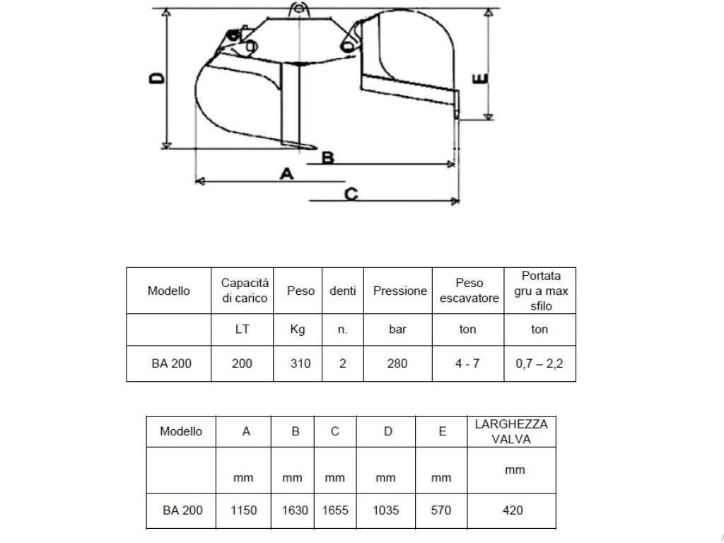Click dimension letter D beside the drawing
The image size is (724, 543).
point(157,78)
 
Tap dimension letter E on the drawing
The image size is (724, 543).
point(480,79)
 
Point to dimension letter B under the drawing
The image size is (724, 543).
point(327,158)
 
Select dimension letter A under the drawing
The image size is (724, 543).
point(287,174)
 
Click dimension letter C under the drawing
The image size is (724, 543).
point(351,194)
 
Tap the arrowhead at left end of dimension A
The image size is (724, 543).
point(199,182)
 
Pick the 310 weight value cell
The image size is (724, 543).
point(300,364)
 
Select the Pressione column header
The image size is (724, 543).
point(400,291)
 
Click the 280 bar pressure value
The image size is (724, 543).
point(397,364)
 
